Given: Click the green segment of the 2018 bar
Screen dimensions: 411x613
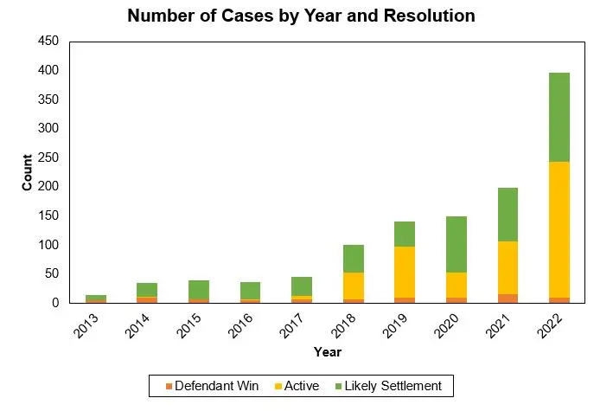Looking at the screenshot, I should tap(354, 259).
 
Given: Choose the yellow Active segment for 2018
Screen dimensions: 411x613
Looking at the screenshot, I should tap(354, 286).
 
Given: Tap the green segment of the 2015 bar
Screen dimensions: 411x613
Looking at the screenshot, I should tap(199, 289).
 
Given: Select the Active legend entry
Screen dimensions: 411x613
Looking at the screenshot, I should tap(297, 385).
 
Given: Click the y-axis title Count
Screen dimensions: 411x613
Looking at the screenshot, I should tap(27, 172).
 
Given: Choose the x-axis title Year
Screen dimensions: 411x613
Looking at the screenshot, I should tap(328, 351).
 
